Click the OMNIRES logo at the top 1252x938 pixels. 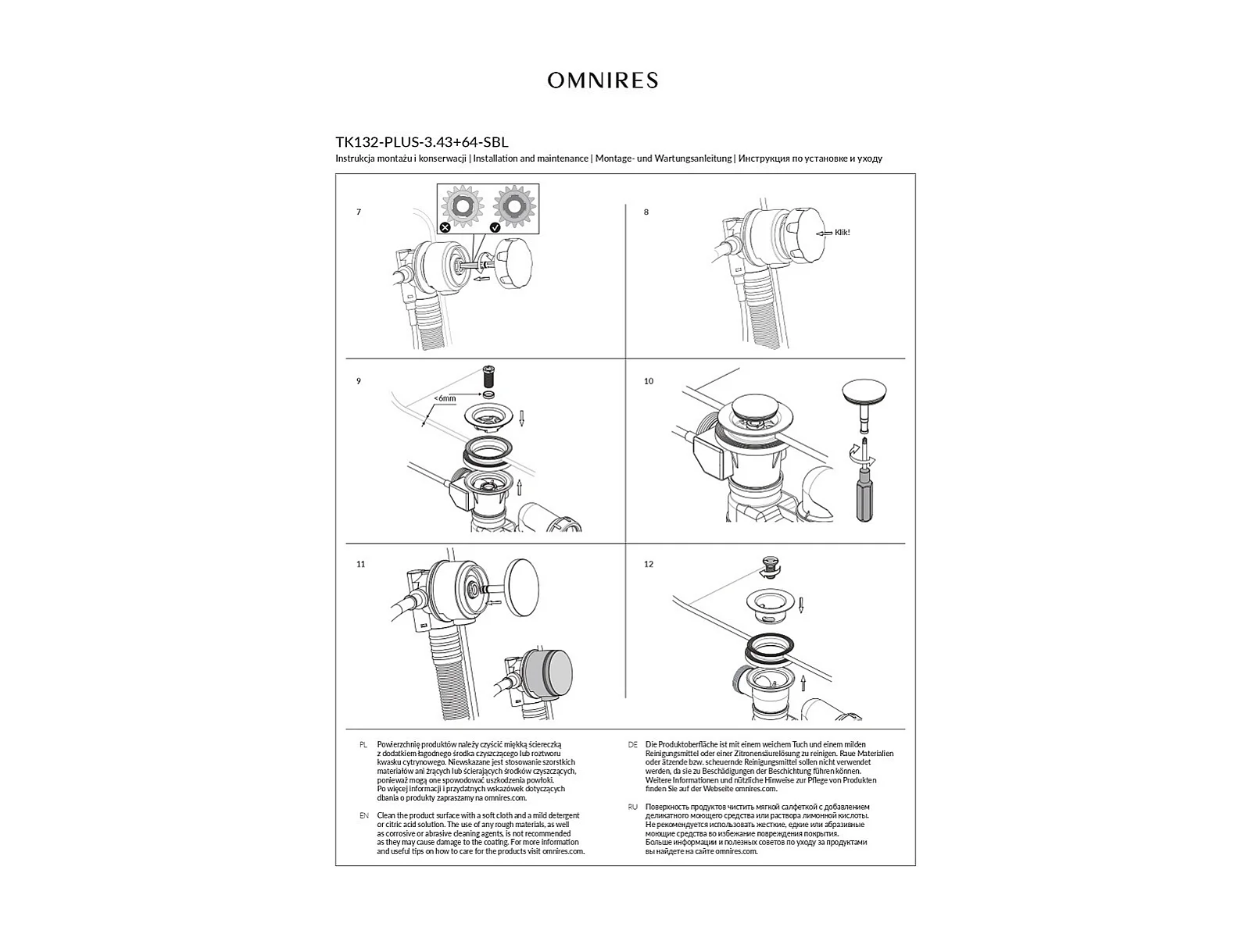tap(603, 80)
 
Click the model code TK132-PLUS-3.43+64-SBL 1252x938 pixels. tap(421, 142)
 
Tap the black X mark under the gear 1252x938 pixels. tap(445, 227)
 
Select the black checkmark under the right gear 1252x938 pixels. tap(495, 227)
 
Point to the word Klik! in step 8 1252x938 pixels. tap(842, 232)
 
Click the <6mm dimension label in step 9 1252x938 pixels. tap(445, 398)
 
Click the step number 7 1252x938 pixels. tap(359, 212)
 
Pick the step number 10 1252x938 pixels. tap(649, 381)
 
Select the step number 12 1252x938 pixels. tap(649, 564)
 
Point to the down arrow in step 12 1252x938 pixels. tap(801, 605)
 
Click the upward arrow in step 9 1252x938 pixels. tap(519, 490)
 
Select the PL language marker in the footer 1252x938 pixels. tap(363, 745)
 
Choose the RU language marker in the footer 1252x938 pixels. tap(632, 807)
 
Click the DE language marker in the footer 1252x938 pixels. tap(632, 745)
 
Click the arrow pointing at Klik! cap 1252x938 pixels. tap(824, 233)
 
